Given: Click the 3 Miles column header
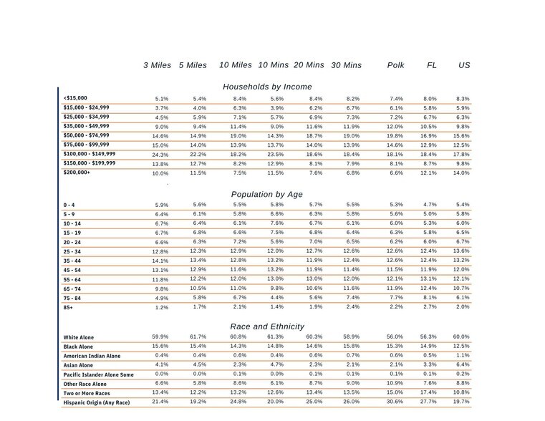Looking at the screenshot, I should [x=157, y=65].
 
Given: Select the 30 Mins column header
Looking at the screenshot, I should [x=346, y=65].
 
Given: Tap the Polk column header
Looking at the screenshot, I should [x=395, y=65].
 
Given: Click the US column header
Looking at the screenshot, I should [x=464, y=65].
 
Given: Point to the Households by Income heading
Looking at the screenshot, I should [x=267, y=87].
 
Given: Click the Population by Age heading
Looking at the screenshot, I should [x=267, y=194].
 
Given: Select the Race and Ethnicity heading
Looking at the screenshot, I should [x=267, y=326].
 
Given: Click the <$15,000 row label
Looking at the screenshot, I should [x=75, y=98].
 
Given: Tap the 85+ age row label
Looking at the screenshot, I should [x=69, y=307].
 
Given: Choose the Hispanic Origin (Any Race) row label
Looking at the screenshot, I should [x=98, y=403].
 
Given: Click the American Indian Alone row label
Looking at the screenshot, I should [x=92, y=356].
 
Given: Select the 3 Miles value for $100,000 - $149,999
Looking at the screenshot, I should [x=160, y=155].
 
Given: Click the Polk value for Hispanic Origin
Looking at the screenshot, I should [x=395, y=403].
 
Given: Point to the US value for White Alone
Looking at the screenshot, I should [x=463, y=337].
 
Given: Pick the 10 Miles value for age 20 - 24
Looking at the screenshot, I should [x=239, y=242].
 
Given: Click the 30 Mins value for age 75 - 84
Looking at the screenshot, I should [x=351, y=298].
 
